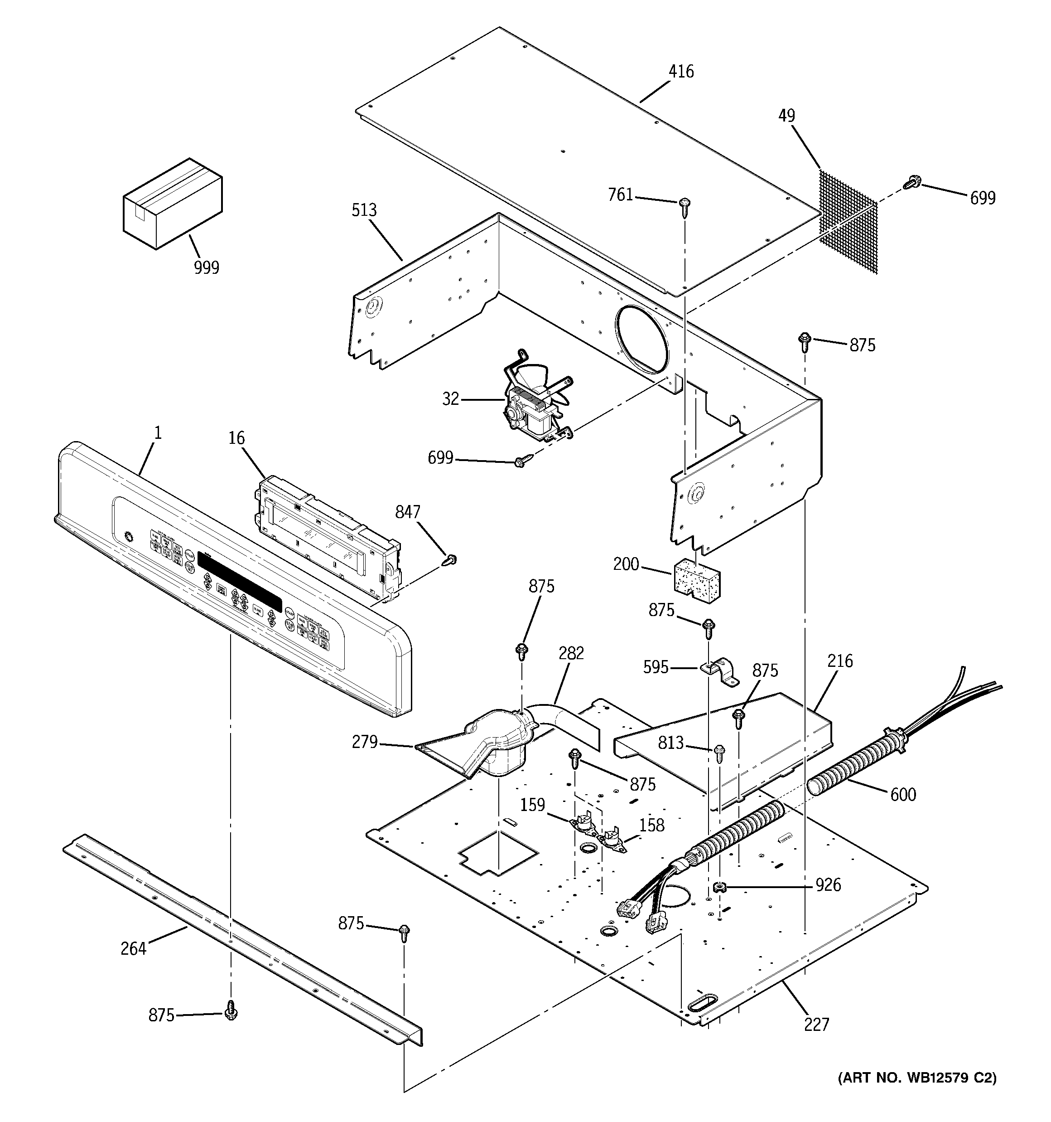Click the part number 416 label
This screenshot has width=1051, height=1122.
(x=681, y=72)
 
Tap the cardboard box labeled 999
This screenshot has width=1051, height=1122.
(x=172, y=203)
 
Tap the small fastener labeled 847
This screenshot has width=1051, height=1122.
(x=450, y=560)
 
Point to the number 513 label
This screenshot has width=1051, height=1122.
(x=364, y=210)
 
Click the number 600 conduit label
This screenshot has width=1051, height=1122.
(x=902, y=795)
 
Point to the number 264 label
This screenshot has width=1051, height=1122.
(x=133, y=949)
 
